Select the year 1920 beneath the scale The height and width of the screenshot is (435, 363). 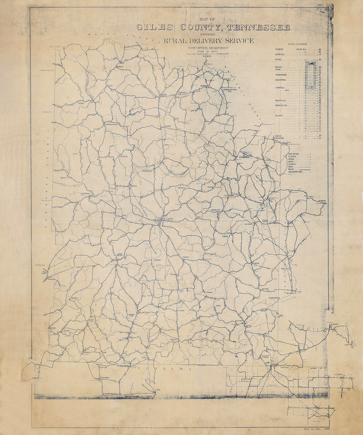(207, 56)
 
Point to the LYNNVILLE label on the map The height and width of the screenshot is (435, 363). (181, 92)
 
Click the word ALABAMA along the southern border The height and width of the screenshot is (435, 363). (165, 369)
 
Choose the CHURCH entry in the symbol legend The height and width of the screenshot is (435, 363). (292, 164)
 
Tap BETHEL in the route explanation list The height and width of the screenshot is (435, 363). (279, 60)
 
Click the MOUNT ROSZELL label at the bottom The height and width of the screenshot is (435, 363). (113, 394)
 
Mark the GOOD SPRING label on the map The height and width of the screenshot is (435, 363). (120, 256)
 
